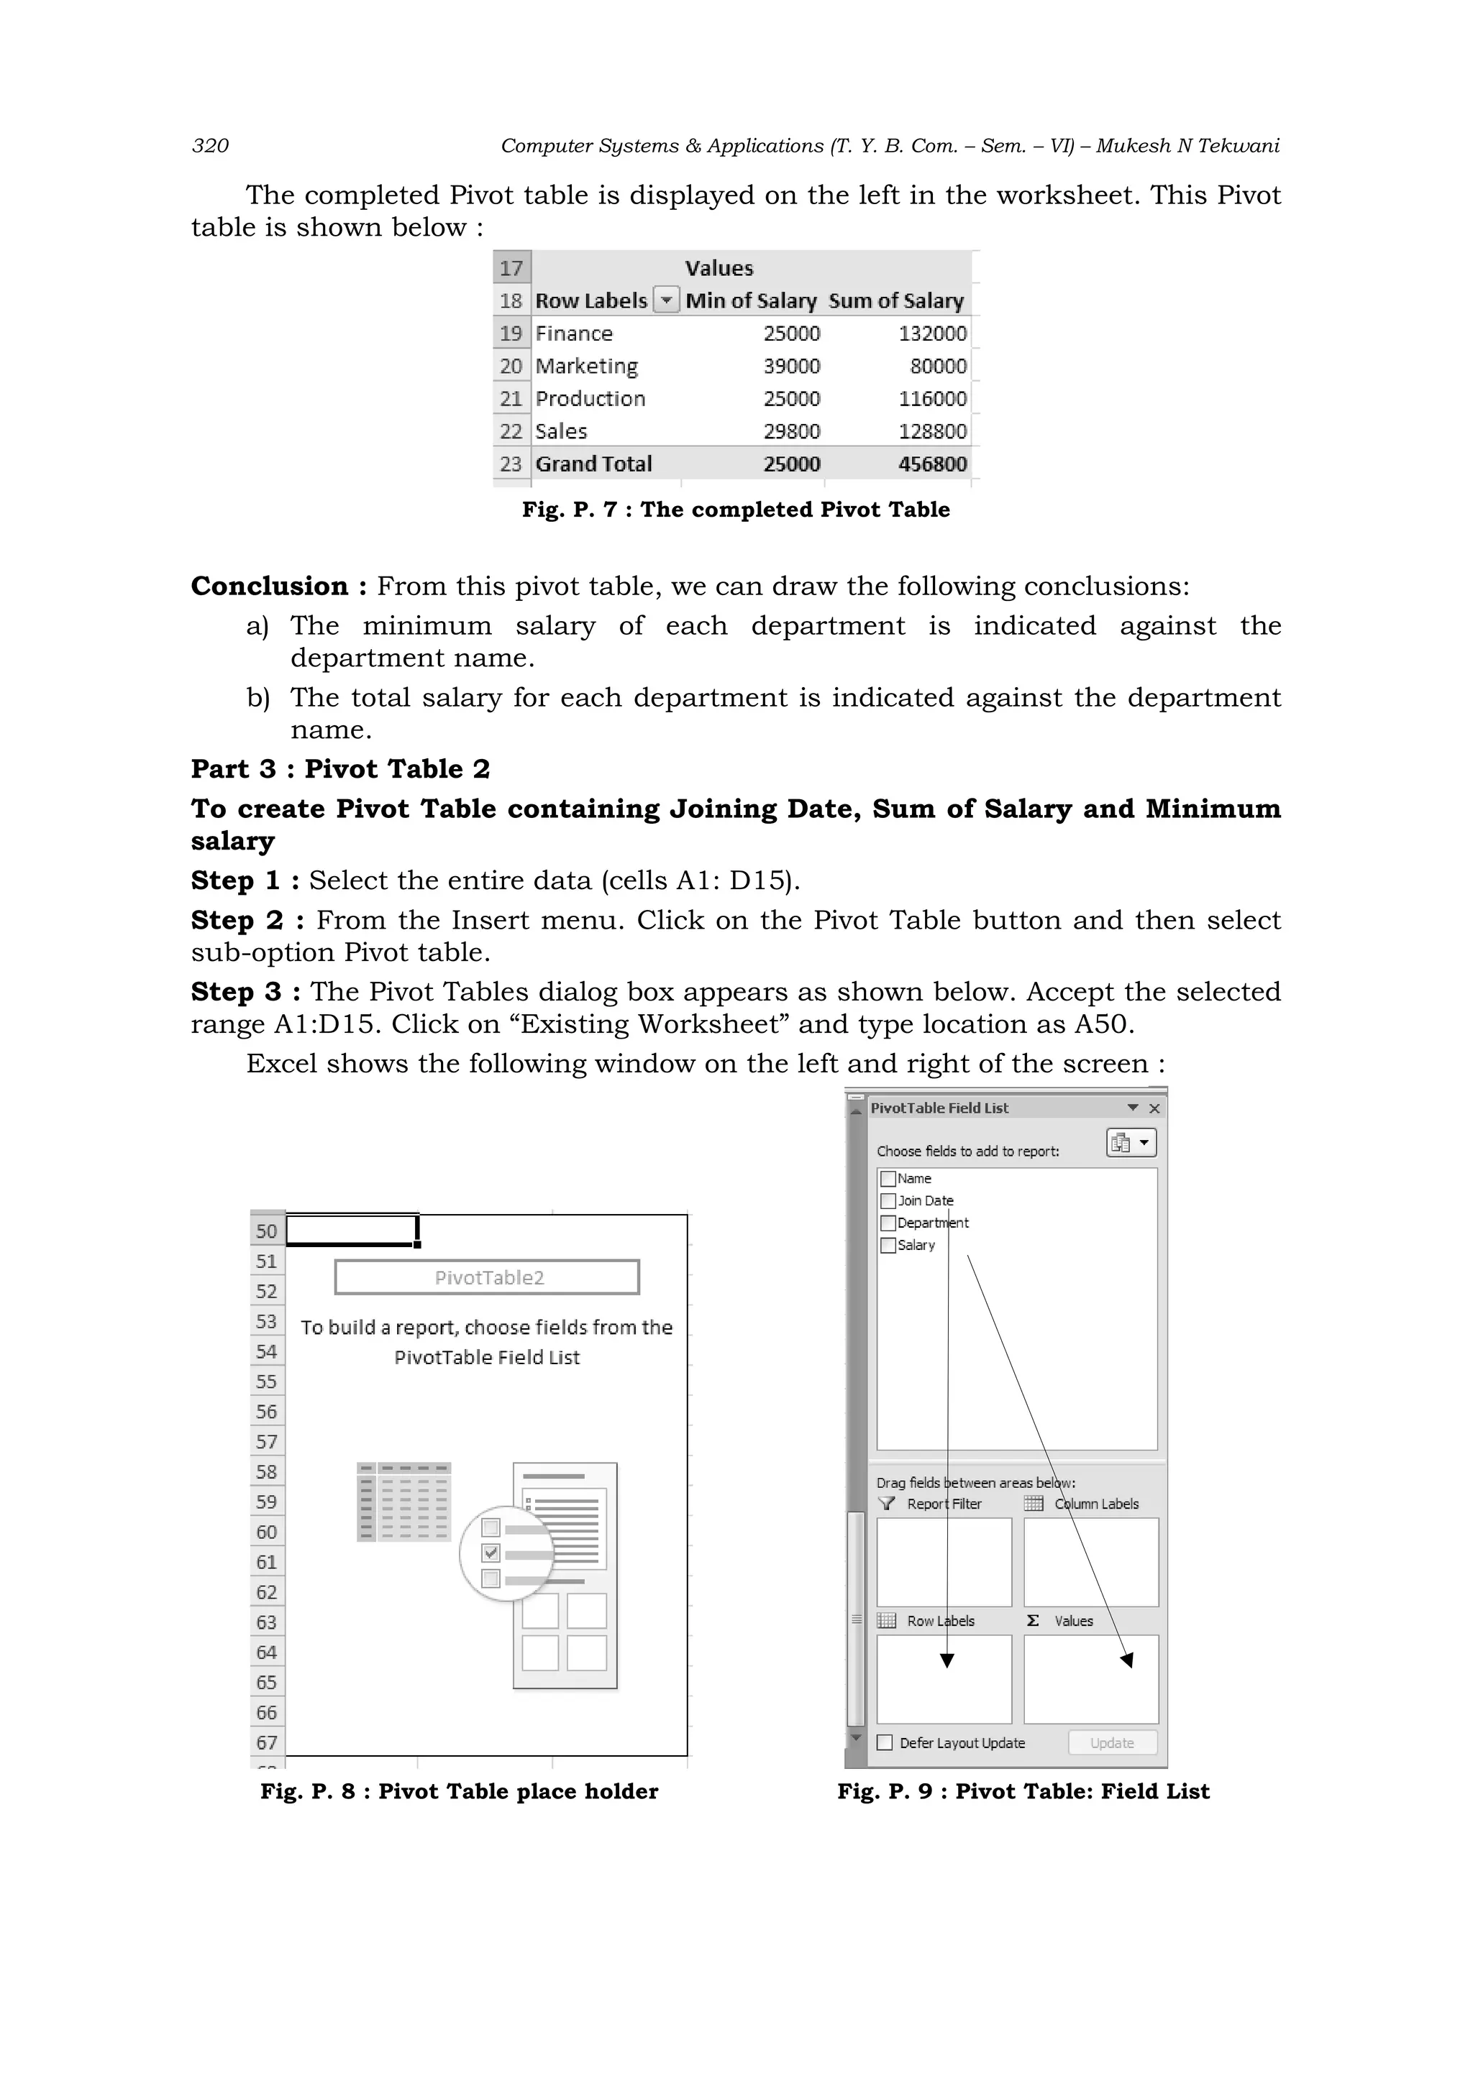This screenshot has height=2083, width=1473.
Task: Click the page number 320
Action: point(211,146)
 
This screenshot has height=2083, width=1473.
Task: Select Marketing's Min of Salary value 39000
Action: point(791,367)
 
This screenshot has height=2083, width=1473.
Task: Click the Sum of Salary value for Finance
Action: point(932,334)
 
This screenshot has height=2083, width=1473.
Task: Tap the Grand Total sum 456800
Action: point(932,464)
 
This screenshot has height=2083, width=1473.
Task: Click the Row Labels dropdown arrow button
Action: point(667,300)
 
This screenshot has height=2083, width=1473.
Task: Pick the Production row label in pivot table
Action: point(590,399)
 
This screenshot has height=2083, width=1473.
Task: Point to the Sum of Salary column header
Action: point(895,301)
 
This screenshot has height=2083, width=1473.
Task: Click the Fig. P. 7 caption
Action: point(735,510)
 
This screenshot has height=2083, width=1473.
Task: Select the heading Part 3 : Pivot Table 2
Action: point(340,769)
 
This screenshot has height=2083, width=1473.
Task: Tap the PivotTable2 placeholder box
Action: point(488,1277)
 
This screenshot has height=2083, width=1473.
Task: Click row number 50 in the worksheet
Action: point(266,1231)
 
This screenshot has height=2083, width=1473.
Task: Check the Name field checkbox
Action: point(888,1179)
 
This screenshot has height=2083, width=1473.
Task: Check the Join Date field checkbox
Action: point(888,1200)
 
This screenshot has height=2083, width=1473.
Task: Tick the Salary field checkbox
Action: point(888,1246)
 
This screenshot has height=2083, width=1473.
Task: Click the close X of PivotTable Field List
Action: point(1154,1108)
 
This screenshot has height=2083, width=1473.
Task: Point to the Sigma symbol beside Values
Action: point(1033,1620)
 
